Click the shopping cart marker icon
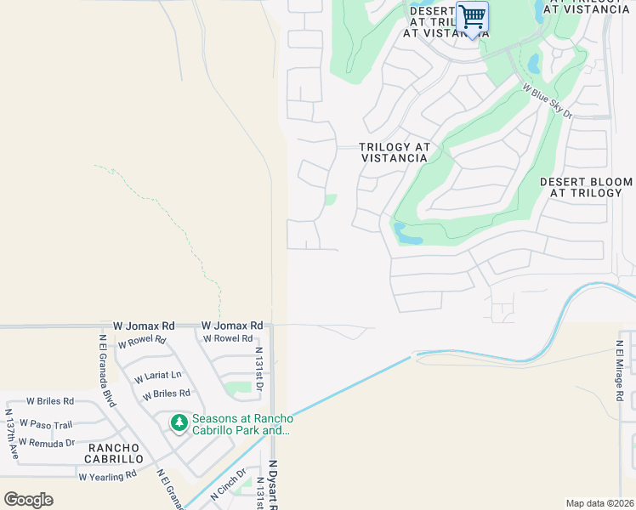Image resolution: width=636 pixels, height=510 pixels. (x=472, y=18)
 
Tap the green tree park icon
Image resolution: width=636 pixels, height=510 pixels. (x=179, y=422)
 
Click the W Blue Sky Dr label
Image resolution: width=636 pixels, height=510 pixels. (x=548, y=101)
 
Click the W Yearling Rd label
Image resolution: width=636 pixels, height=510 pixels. (x=107, y=476)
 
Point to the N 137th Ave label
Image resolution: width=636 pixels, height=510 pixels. (x=11, y=433)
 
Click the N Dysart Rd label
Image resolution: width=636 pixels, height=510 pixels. (x=273, y=486)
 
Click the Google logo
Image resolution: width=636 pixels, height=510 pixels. (x=28, y=499)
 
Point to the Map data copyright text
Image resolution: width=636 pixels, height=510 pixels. (x=599, y=503)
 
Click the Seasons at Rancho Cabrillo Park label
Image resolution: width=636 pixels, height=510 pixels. (x=242, y=424)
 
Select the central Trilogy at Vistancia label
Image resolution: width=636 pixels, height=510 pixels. (x=393, y=152)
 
